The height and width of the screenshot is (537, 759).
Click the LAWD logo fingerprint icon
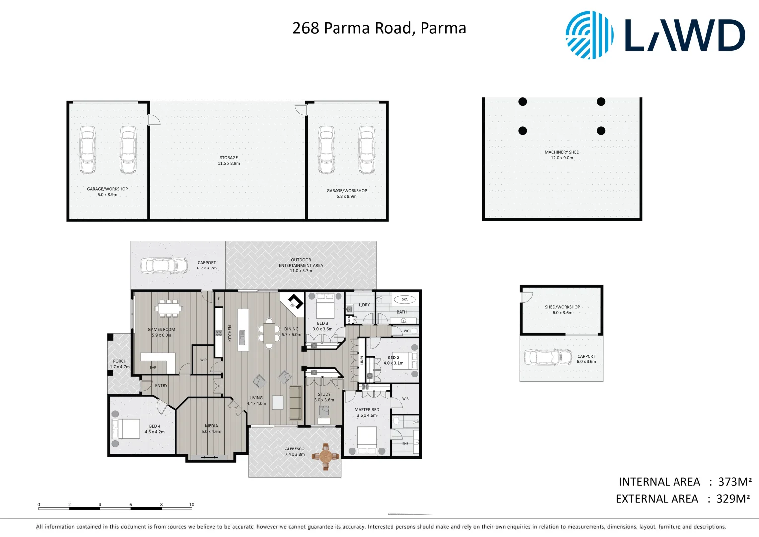(589, 35)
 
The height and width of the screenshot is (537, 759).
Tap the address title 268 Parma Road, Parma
(379, 28)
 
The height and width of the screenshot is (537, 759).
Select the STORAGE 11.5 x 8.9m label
(229, 160)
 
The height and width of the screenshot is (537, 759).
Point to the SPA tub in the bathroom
(405, 299)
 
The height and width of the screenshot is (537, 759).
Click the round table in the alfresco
(326, 456)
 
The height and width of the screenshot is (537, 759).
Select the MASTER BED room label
(367, 412)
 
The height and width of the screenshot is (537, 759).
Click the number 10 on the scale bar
(192, 504)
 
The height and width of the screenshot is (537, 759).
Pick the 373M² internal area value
(735, 482)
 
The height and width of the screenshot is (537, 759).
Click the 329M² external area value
(733, 499)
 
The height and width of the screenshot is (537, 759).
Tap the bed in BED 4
(126, 429)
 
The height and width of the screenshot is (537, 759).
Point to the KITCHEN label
(230, 333)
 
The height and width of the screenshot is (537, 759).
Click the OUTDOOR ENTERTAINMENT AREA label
(301, 265)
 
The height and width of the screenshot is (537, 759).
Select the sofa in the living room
(295, 403)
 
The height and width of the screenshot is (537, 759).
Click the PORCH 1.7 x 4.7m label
(120, 364)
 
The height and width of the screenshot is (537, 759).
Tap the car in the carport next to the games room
(164, 266)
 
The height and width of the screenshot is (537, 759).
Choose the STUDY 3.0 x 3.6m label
(324, 397)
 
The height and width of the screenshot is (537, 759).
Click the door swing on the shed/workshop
(526, 297)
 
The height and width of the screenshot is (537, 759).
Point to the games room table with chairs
(169, 308)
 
